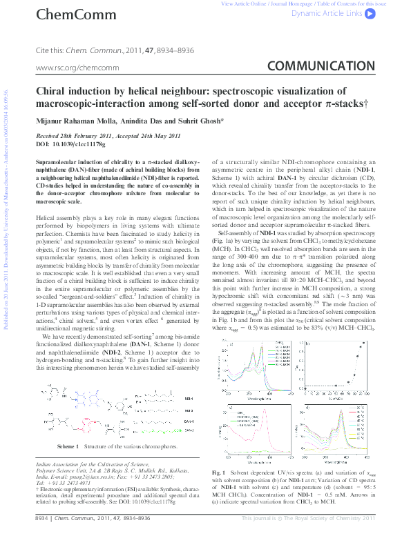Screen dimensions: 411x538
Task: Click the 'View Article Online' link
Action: coord(242,3)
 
